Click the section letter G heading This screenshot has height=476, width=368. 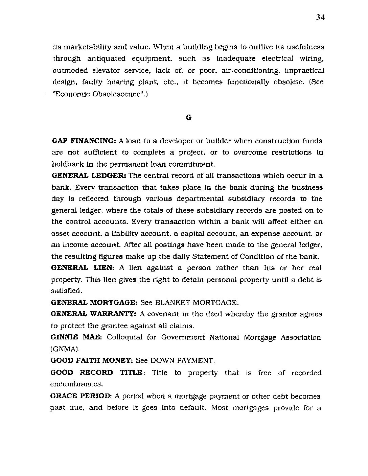(189, 117)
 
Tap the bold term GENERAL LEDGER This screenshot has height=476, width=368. (89, 175)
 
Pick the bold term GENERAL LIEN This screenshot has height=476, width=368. (82, 268)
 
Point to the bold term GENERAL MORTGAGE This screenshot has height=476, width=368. (94, 302)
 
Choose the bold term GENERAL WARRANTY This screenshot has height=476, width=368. (93, 314)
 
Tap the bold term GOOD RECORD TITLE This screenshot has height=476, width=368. (96, 373)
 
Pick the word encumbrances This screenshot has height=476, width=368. (76, 384)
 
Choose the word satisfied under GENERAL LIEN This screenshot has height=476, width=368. (66, 291)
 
